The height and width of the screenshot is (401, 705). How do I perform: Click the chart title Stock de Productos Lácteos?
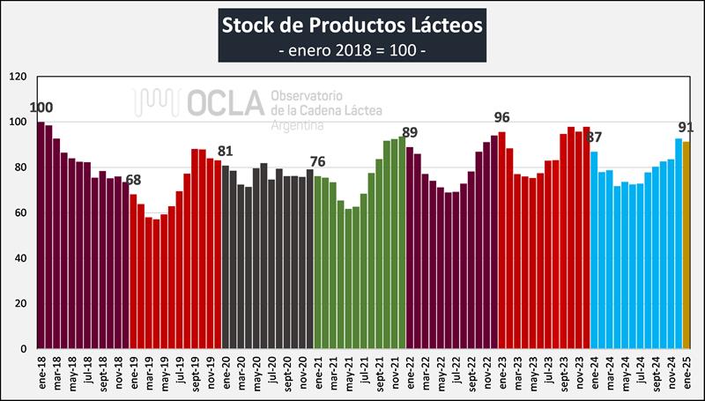point(352,24)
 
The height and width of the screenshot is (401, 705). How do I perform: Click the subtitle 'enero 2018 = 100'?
point(352,49)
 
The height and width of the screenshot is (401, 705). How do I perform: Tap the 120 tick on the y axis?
point(18,77)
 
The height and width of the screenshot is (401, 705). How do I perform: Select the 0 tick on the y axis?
point(24,349)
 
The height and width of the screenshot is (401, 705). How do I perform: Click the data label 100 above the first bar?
point(41,108)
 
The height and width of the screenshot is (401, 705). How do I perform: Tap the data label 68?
point(133,181)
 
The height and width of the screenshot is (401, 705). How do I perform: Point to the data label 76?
point(316,162)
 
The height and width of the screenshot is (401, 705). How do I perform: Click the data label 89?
point(410,133)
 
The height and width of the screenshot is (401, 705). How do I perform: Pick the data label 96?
point(501,117)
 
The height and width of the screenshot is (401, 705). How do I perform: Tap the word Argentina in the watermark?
point(298,126)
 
